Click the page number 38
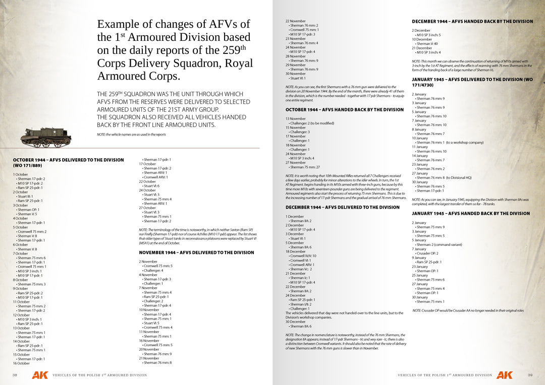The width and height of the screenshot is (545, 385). pyautogui.click(x=15, y=375)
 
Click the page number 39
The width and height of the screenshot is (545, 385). pyautogui.click(x=530, y=375)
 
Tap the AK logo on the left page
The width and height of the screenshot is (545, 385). pyautogui.click(x=40, y=375)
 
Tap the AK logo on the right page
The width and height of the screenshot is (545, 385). pyautogui.click(x=504, y=375)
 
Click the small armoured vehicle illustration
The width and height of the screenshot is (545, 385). pyautogui.click(x=46, y=137)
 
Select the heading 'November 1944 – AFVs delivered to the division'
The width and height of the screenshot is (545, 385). pyautogui.click(x=196, y=252)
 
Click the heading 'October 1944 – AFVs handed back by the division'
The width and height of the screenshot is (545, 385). pyautogui.click(x=345, y=109)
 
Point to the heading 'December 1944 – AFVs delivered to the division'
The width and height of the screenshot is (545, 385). pyautogui.click(x=342, y=207)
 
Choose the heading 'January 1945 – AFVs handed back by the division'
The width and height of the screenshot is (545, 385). pyautogui.click(x=471, y=213)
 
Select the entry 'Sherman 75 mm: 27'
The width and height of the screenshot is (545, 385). pyautogui.click(x=304, y=167)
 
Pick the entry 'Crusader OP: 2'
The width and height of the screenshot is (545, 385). pyautogui.click(x=427, y=253)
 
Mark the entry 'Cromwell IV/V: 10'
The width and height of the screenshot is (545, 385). pyautogui.click(x=303, y=255)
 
